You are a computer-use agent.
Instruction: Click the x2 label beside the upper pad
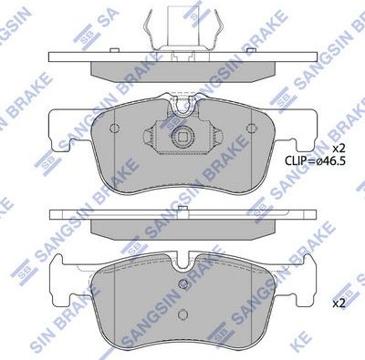[x=339, y=148]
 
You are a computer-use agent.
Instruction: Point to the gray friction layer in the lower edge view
[x=182, y=230]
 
